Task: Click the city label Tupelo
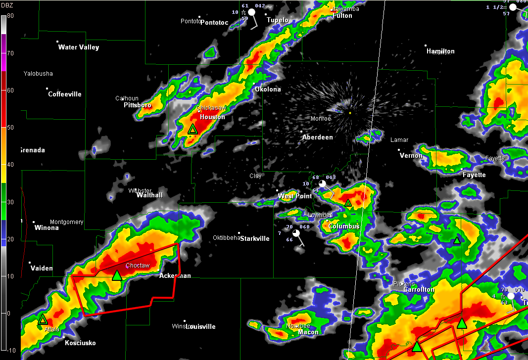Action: pyautogui.click(x=278, y=20)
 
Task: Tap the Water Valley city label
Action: pyautogui.click(x=79, y=47)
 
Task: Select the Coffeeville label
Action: pyautogui.click(x=65, y=94)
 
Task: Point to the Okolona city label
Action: pyautogui.click(x=268, y=90)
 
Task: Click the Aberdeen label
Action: pyautogui.click(x=318, y=137)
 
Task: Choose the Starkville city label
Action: pyautogui.click(x=255, y=239)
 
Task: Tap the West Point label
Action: pyautogui.click(x=295, y=196)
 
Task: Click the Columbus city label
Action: pyautogui.click(x=344, y=226)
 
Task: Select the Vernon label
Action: pyautogui.click(x=411, y=156)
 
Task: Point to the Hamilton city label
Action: pyautogui.click(x=440, y=51)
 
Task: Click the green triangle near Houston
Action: pyautogui.click(x=192, y=130)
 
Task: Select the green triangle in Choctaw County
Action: pyautogui.click(x=117, y=275)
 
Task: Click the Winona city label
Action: pyautogui.click(x=47, y=228)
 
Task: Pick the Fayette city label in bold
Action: pyautogui.click(x=474, y=175)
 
